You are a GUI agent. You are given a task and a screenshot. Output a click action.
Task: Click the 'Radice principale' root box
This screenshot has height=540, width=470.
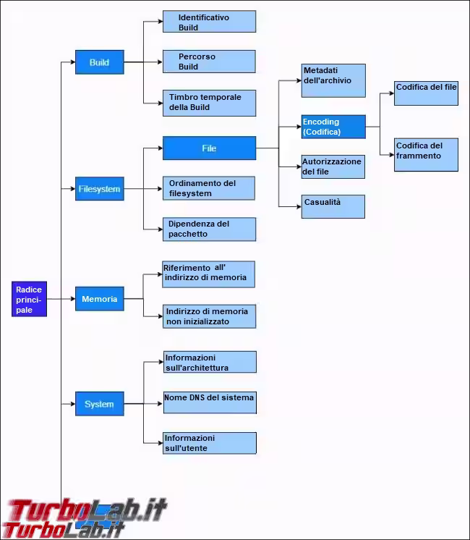point(29,299)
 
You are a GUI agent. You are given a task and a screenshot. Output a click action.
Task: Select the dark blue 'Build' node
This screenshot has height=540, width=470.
point(100,62)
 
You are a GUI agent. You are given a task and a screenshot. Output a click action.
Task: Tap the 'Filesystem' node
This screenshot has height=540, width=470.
point(100,188)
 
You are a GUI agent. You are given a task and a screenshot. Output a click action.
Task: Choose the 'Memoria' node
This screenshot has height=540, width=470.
point(100,298)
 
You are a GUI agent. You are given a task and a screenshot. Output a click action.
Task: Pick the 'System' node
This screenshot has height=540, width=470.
point(100,404)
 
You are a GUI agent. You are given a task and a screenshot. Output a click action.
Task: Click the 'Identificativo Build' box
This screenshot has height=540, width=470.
point(209,21)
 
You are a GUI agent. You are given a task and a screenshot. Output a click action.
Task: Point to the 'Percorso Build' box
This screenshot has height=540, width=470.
point(209,62)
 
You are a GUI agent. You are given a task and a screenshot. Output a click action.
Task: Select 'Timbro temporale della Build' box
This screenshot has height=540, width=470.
point(209,103)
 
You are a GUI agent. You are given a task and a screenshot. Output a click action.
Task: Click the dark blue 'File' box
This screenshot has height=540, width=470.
point(209,148)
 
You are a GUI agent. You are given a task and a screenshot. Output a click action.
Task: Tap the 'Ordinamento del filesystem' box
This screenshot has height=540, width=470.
point(209,188)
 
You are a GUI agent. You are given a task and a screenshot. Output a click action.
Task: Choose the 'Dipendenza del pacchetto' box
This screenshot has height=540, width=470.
point(209,229)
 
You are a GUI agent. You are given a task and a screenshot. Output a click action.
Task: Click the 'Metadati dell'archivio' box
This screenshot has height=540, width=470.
point(333,80)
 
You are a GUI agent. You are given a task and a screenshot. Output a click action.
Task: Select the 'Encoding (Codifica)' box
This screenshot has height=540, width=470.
point(333,127)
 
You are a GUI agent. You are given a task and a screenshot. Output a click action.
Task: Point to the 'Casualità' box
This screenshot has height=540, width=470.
point(333,206)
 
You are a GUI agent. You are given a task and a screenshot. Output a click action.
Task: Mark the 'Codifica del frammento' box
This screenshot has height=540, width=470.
point(426,155)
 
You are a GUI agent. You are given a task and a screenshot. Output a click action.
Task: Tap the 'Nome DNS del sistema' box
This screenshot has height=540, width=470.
point(210,402)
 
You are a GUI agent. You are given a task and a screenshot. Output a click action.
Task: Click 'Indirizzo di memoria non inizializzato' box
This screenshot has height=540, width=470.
point(209,316)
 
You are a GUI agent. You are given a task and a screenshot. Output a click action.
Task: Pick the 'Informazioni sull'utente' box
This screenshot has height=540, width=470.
point(210,443)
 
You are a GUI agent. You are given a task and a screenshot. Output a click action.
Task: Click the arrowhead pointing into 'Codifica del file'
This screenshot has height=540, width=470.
point(392,93)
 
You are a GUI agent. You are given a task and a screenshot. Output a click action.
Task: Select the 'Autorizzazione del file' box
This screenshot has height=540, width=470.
point(333,166)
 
